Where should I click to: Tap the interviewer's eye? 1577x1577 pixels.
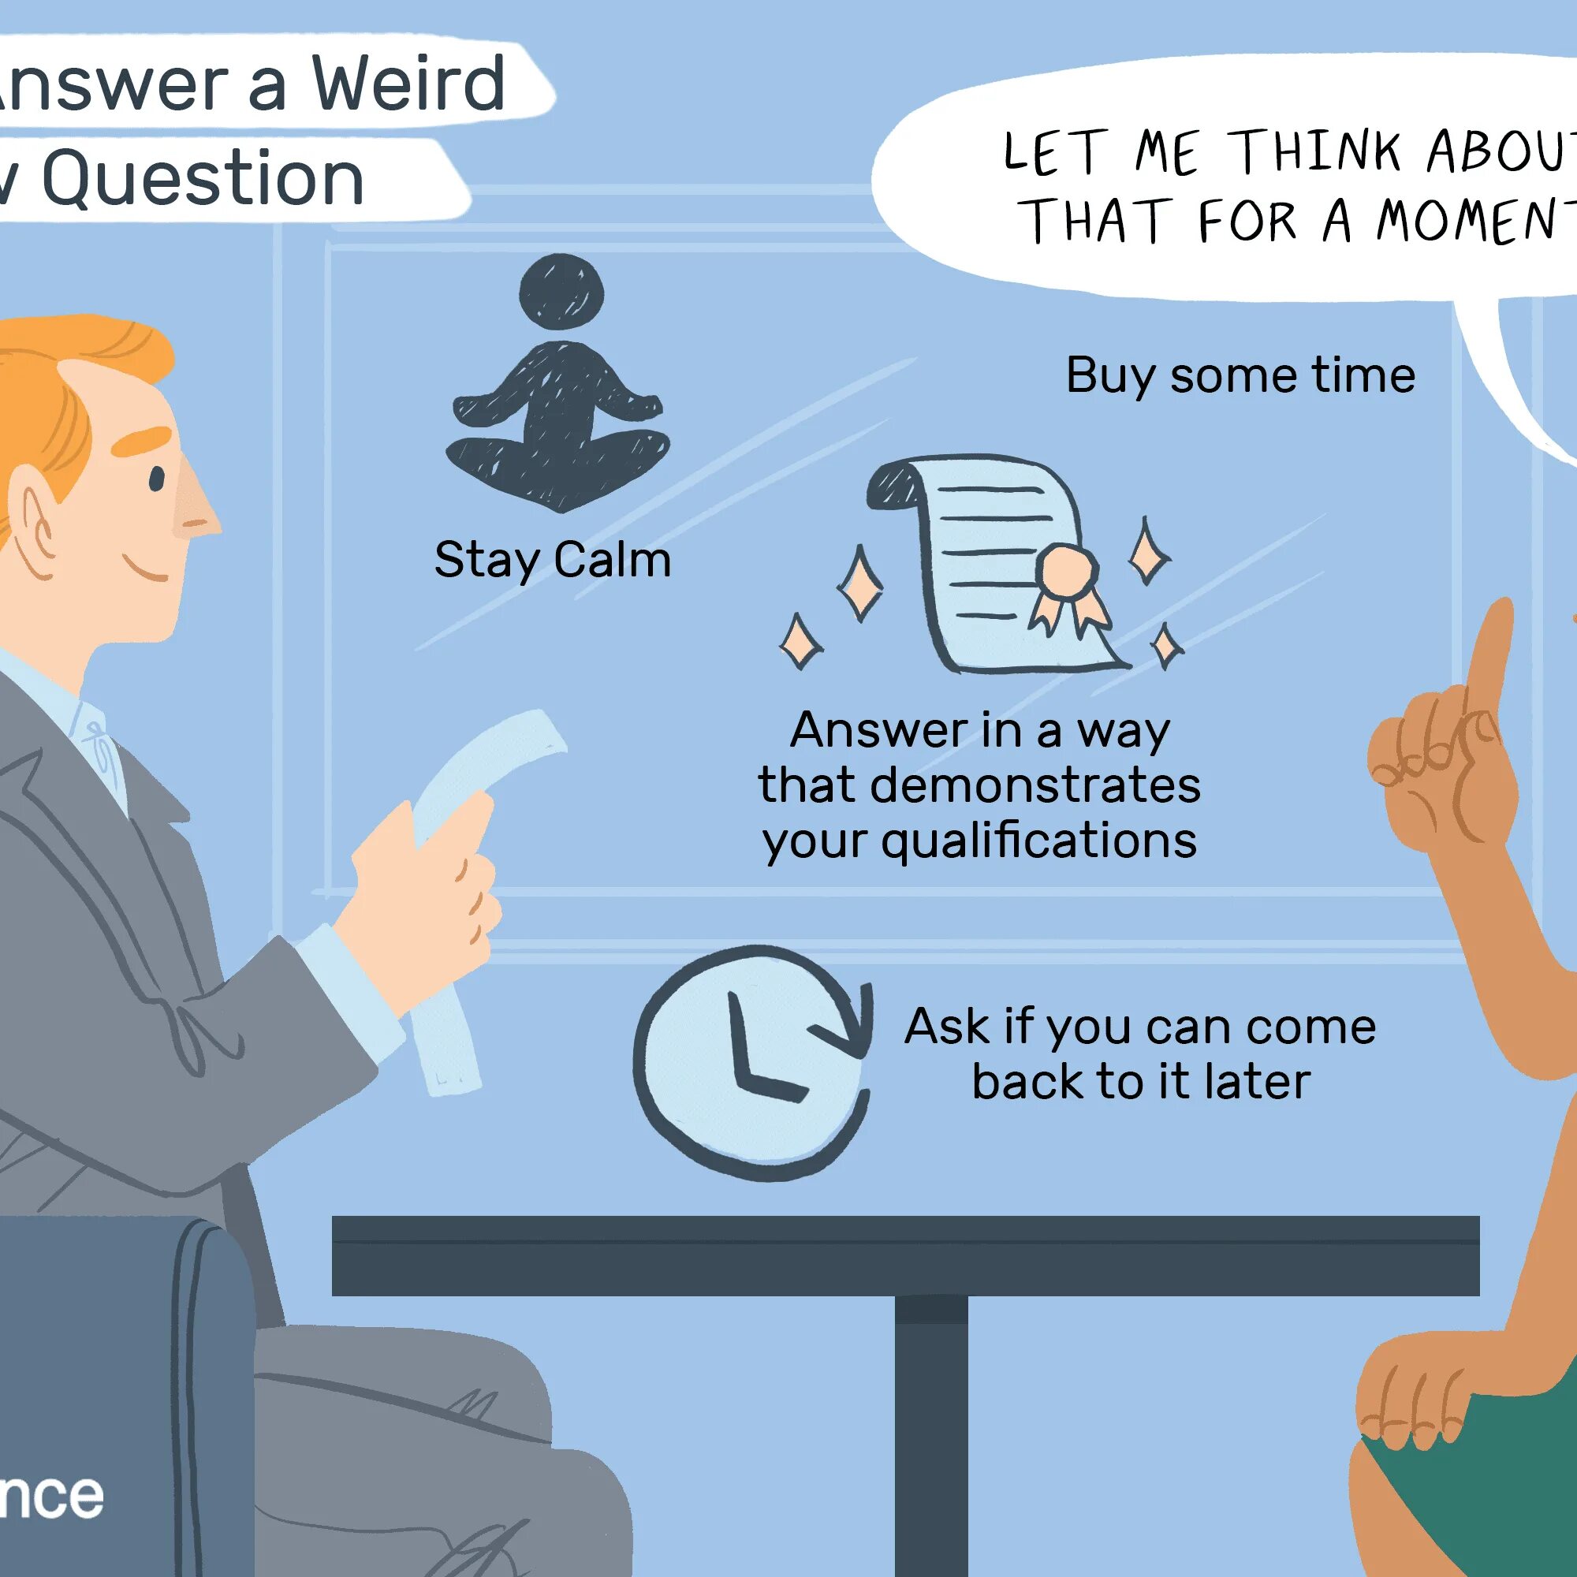click(157, 479)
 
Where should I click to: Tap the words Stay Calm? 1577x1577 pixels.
click(553, 561)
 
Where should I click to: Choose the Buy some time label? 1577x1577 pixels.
click(1240, 375)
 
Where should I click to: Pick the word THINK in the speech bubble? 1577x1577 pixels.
click(1316, 151)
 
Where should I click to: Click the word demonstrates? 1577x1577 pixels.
click(1035, 785)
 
